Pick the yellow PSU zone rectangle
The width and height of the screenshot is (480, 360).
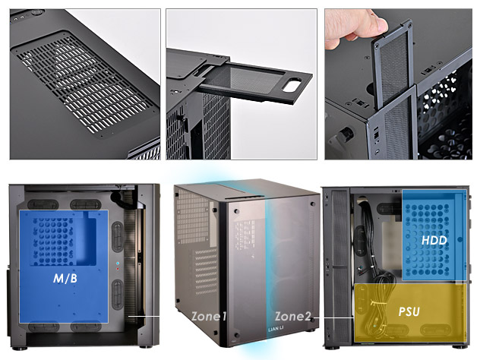pyautogui.click(x=410, y=311)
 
